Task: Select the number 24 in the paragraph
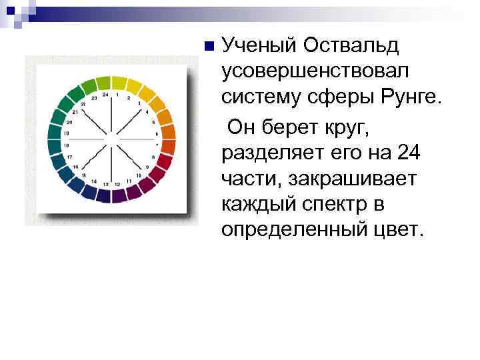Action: click(x=408, y=153)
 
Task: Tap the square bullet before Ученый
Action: click(x=209, y=47)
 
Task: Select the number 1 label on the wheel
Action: click(x=117, y=95)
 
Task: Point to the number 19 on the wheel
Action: click(x=66, y=133)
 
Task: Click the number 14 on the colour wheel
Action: click(x=93, y=181)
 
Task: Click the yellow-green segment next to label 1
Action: click(x=119, y=83)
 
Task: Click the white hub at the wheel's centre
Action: click(x=111, y=139)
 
